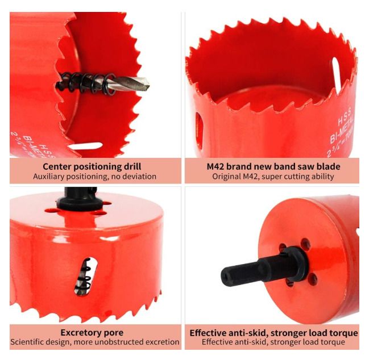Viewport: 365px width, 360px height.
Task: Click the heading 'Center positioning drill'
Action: tap(92, 166)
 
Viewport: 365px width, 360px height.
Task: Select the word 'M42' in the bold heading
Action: tap(215, 166)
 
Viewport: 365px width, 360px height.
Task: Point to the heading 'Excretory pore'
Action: tap(92, 333)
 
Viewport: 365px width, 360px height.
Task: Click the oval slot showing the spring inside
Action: tap(86, 277)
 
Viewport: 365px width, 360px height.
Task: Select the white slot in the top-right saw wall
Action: tap(336, 75)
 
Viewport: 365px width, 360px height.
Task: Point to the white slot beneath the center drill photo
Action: tap(86, 146)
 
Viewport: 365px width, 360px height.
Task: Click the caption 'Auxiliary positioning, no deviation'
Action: tap(94, 177)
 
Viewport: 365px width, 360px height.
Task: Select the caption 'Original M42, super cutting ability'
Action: tap(273, 177)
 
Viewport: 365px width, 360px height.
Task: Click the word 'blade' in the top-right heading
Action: tap(329, 166)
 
